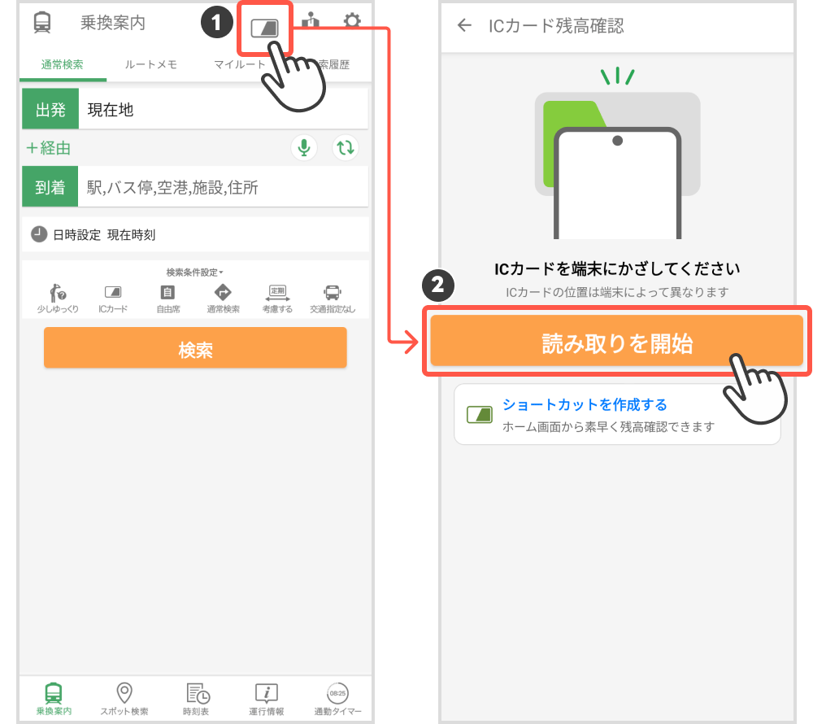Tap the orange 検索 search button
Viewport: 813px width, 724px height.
point(195,348)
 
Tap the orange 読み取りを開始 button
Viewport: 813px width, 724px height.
point(616,342)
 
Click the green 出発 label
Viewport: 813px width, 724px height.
point(50,110)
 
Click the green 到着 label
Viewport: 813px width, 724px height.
point(50,187)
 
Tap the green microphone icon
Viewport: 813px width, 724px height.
point(304,148)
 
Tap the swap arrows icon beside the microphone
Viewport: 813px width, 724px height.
point(346,148)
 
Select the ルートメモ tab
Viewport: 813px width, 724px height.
point(150,65)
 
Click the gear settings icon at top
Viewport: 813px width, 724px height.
point(351,22)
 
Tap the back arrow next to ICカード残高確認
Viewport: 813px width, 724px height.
point(464,25)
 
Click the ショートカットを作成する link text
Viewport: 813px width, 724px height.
point(585,405)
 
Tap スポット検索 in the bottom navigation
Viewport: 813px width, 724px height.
point(124,699)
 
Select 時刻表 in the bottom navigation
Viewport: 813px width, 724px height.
point(197,699)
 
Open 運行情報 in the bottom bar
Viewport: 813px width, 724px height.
point(267,699)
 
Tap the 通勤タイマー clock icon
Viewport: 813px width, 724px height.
point(337,694)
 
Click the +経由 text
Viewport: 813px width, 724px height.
point(48,148)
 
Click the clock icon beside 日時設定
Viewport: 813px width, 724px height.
point(39,234)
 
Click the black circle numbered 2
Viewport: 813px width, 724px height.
point(437,286)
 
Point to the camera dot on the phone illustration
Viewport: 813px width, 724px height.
point(617,141)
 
